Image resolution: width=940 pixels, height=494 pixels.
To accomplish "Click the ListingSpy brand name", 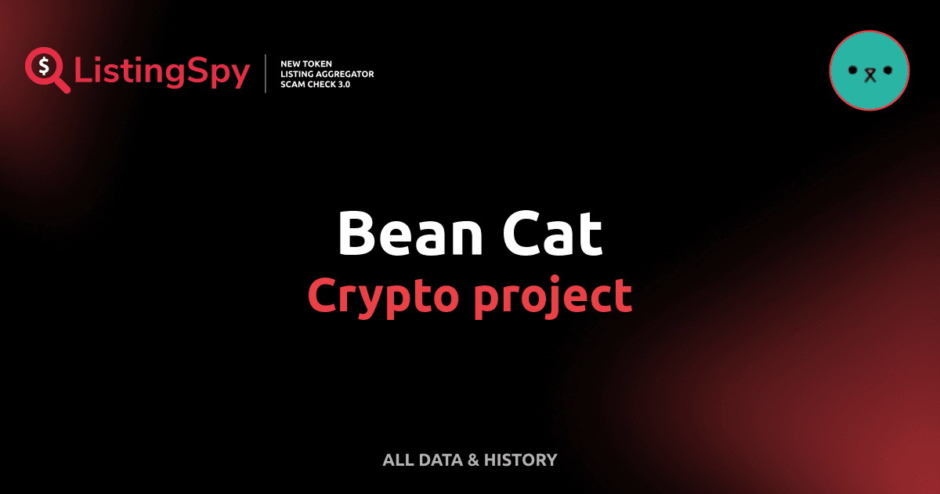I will (x=162, y=72).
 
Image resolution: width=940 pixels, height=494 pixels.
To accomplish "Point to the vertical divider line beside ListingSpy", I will (x=266, y=73).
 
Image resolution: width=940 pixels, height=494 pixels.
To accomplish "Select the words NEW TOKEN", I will (x=306, y=63).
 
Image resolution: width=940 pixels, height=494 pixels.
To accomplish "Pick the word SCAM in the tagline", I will (x=292, y=84).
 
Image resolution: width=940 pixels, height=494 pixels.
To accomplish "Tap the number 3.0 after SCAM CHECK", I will (x=342, y=84).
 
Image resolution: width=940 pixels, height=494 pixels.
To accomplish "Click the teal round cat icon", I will (x=869, y=71).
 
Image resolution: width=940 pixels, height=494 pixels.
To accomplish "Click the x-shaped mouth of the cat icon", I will (x=869, y=74).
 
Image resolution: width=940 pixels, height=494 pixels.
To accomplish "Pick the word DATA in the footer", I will (x=440, y=460).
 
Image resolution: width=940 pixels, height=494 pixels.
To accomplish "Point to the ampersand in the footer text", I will (x=473, y=460).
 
